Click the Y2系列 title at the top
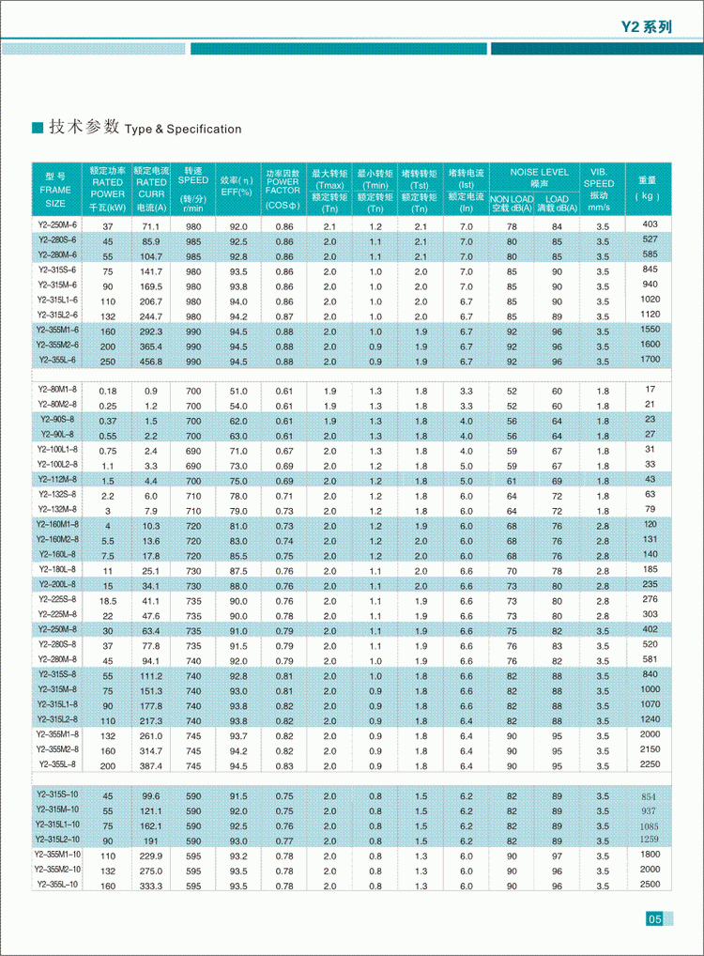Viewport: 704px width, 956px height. pyautogui.click(x=647, y=27)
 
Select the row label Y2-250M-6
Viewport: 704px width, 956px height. pyautogui.click(x=57, y=226)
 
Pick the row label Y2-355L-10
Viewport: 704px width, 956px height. pyautogui.click(x=57, y=885)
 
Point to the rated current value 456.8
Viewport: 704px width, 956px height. pyautogui.click(x=150, y=362)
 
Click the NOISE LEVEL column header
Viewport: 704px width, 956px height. pyautogui.click(x=539, y=173)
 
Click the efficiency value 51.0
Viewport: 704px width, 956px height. pyautogui.click(x=238, y=391)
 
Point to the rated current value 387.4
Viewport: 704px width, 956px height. pyautogui.click(x=150, y=765)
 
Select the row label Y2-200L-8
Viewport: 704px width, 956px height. pyautogui.click(x=57, y=584)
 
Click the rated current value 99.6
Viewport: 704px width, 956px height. pyautogui.click(x=150, y=796)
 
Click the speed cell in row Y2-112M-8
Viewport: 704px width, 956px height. pyautogui.click(x=193, y=480)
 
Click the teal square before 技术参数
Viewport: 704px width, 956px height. pyautogui.click(x=38, y=128)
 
